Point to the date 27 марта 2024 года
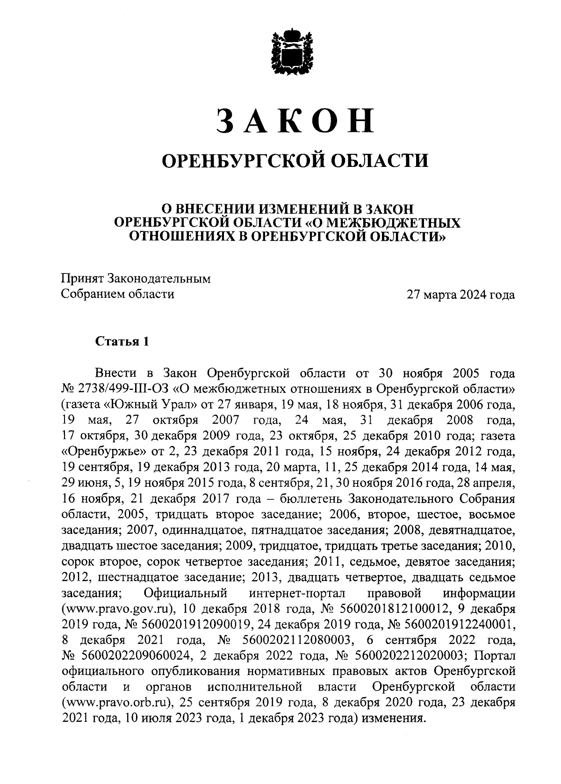coord(460,295)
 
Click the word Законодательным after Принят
coord(159,279)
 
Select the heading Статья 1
coord(122,341)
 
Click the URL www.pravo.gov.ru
coord(118,609)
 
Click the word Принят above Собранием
coord(83,279)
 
